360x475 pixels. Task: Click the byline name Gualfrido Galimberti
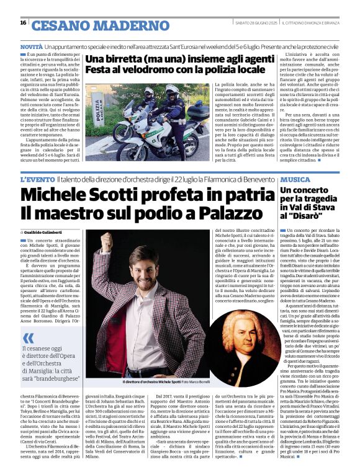[x=50, y=231]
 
